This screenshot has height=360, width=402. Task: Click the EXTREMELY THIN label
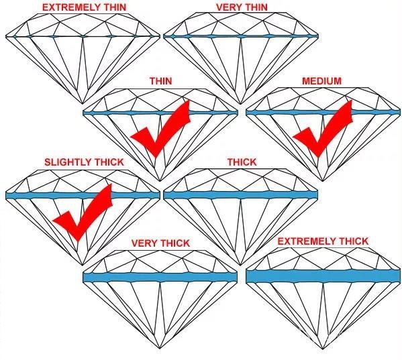click(84, 7)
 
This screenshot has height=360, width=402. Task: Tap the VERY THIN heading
click(242, 7)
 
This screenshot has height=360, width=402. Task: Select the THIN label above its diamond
click(161, 81)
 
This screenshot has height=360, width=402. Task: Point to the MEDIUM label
click(321, 81)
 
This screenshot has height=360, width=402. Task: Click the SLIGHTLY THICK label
click(84, 162)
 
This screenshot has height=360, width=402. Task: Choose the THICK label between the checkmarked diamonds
click(242, 162)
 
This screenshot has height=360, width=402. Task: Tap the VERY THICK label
click(161, 243)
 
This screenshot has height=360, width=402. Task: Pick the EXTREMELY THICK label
click(323, 241)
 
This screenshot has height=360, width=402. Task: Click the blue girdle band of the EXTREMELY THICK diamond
click(323, 276)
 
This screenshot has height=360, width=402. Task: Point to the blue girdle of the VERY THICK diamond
click(160, 278)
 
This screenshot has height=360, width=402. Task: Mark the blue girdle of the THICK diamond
click(241, 195)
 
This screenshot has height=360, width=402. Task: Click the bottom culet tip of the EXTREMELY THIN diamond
click(83, 104)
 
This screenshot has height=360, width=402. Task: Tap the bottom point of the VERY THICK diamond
click(160, 348)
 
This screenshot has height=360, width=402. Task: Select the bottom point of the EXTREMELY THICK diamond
click(323, 349)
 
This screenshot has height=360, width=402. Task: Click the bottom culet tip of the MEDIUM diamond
click(323, 181)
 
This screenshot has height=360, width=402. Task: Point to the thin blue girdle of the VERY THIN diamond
click(241, 36)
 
